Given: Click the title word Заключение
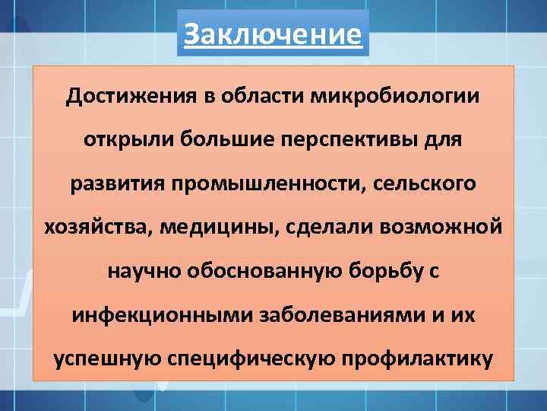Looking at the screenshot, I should point(273,34).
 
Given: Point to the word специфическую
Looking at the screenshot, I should point(261,358).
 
